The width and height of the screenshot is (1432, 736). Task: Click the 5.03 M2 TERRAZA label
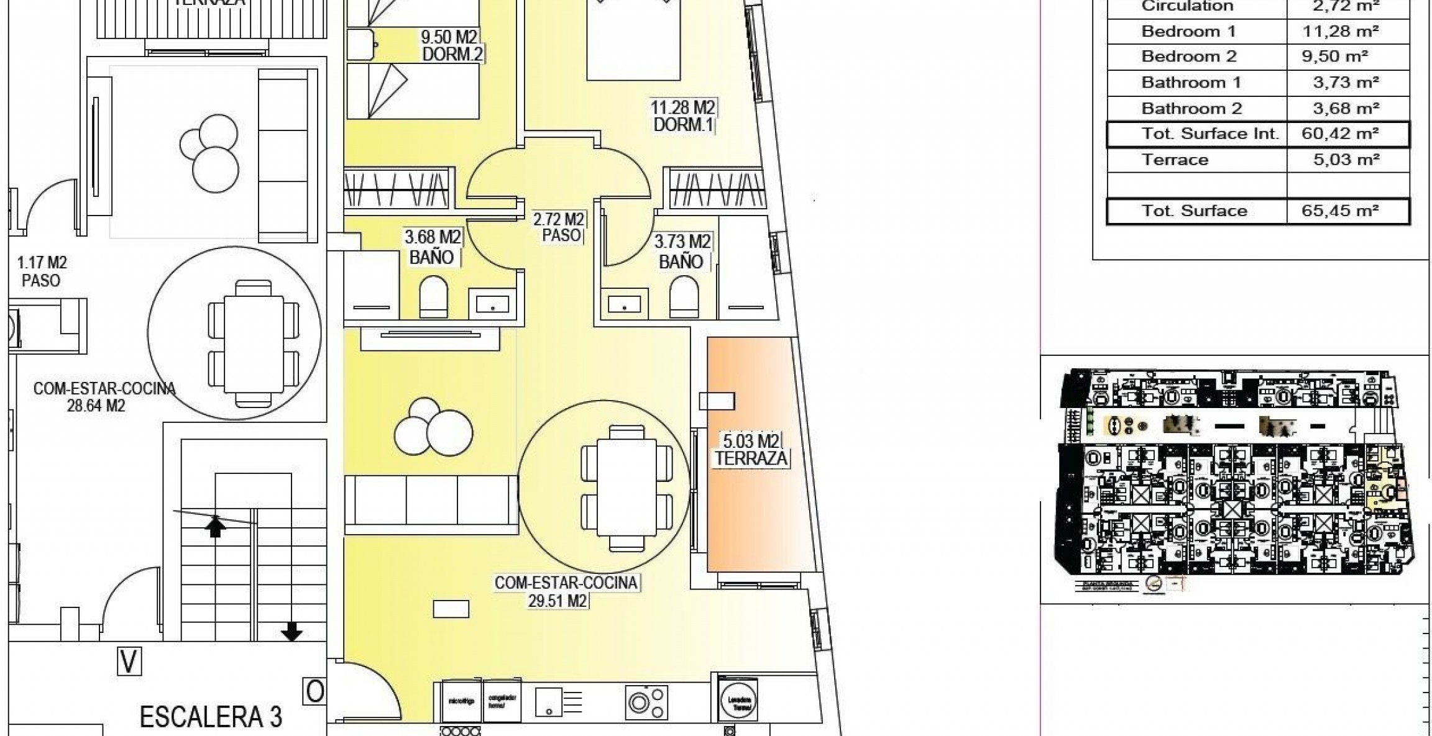click(x=751, y=450)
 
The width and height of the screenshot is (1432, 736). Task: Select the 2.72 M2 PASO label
click(x=559, y=227)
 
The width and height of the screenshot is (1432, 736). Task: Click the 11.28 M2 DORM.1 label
click(x=682, y=116)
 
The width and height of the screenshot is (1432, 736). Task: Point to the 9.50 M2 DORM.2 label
click(x=452, y=46)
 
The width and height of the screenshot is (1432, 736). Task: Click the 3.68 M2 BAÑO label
click(x=433, y=247)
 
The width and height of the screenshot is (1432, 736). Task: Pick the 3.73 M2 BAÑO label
click(x=682, y=252)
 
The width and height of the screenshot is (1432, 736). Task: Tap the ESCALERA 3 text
click(x=211, y=717)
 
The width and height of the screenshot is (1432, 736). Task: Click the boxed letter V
click(x=129, y=661)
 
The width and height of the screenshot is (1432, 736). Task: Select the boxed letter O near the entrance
click(x=314, y=691)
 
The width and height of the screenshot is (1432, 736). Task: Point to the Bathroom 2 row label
click(x=1191, y=109)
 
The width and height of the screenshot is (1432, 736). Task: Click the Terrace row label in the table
click(x=1175, y=160)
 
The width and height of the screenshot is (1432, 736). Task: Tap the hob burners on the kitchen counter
click(x=647, y=702)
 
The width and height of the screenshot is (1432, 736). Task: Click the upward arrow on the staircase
click(x=215, y=526)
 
